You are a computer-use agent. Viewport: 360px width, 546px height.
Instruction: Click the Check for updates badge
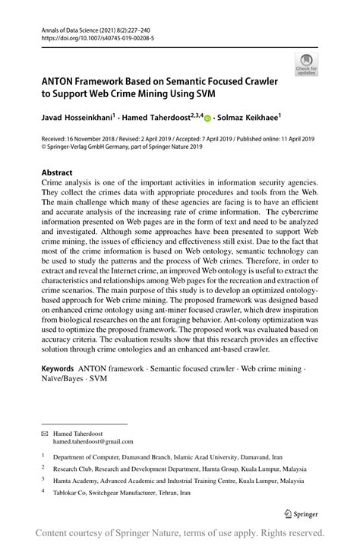(307, 65)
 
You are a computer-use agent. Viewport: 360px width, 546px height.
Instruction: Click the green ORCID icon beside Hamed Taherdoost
(207, 118)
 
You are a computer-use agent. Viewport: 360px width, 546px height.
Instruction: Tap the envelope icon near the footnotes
(44, 432)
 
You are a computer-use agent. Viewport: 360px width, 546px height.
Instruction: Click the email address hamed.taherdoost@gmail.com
(93, 441)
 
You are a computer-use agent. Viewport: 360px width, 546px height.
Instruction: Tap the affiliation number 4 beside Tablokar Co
(43, 491)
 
